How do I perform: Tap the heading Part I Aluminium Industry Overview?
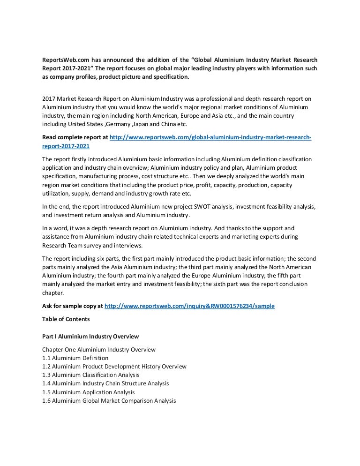90,337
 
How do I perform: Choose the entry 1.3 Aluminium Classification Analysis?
90,375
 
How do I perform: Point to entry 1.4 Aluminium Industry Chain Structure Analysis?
105,383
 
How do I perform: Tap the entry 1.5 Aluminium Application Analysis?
88,392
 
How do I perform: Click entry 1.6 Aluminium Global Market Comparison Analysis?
109,400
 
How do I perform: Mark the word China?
172,124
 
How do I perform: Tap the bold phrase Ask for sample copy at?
72,306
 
